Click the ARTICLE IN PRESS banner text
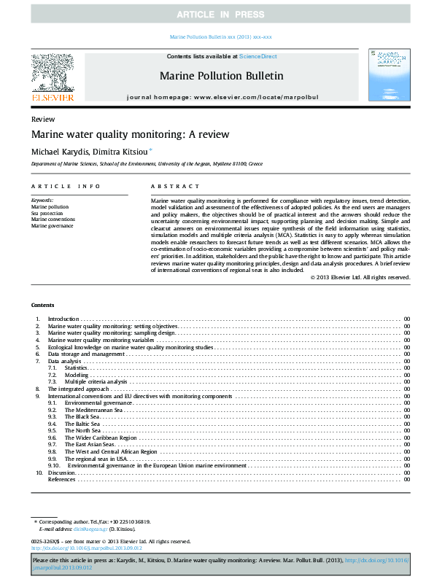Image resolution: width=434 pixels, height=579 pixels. coord(217,15)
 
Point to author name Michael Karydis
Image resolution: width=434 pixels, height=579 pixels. coord(61,151)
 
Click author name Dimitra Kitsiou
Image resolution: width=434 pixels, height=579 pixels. coord(123,151)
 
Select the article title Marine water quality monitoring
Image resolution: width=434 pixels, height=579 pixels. coord(130,134)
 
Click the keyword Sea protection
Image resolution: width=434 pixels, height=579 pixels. coord(47,213)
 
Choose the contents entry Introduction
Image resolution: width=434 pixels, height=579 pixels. coord(63,340)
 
